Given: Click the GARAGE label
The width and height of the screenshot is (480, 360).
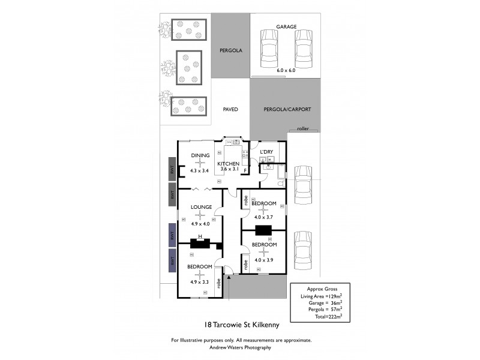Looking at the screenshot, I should coord(286,27).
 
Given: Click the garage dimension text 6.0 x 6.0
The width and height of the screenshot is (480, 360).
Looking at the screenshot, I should coord(286,70).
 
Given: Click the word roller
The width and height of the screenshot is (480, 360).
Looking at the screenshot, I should coord(302,128).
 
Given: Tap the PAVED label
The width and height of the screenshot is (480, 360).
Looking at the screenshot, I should coord(230,110).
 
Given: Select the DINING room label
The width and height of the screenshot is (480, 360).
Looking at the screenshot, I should coord(200,155).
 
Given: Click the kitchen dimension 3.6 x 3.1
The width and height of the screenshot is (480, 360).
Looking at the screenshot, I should coord(229,170).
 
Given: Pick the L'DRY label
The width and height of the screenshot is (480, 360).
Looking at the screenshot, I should coord(266,152).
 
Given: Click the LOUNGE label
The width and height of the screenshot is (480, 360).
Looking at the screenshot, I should coord(201,207).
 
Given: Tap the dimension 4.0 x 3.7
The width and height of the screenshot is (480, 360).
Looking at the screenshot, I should coord(263,217).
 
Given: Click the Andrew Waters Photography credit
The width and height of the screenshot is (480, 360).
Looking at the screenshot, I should coord(241,347).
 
